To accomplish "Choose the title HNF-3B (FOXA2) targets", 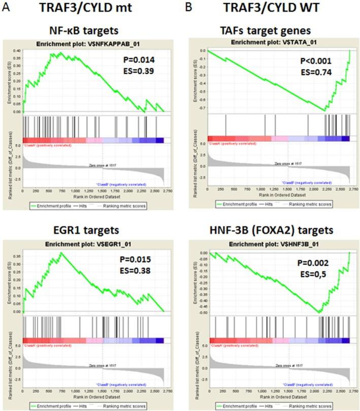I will pyautogui.click(x=276, y=230).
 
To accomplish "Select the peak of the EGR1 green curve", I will pyautogui.click(x=61, y=252).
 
